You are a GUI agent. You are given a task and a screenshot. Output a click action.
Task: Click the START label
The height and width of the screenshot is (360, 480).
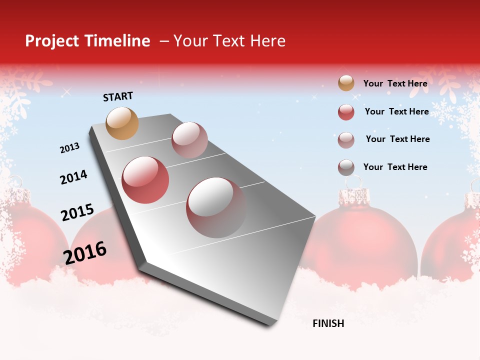(x=118, y=96)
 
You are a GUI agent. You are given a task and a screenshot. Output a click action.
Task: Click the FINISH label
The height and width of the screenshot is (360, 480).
(x=328, y=323)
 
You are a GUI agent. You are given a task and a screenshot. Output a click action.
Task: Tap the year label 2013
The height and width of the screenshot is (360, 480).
(x=69, y=148)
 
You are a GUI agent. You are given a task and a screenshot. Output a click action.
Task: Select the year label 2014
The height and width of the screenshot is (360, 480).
(x=73, y=177)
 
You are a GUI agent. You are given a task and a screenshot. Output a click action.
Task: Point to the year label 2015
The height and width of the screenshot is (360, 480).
(x=77, y=212)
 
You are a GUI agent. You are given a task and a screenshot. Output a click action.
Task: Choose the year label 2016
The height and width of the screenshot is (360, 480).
(x=85, y=252)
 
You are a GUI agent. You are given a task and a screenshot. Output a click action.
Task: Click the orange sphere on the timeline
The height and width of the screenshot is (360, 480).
(x=122, y=123)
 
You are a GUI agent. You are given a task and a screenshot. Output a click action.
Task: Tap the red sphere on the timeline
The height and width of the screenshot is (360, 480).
(x=145, y=180)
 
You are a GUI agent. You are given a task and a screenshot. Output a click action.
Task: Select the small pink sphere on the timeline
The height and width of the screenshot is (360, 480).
(x=189, y=140)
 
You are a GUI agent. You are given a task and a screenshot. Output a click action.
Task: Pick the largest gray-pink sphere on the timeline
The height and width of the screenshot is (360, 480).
(x=216, y=207)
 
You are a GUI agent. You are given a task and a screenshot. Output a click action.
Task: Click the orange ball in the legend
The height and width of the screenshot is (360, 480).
(x=346, y=83)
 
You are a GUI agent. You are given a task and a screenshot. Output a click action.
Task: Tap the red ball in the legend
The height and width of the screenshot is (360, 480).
(x=346, y=112)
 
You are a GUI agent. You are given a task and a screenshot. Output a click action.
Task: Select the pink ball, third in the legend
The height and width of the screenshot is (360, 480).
(x=346, y=140)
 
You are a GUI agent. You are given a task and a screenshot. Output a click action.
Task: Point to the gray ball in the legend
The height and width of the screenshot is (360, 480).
(x=346, y=167)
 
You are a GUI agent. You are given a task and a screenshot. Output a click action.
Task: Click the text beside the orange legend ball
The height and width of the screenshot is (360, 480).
(x=395, y=83)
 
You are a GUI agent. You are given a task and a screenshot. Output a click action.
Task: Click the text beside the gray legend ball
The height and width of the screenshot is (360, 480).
(x=395, y=167)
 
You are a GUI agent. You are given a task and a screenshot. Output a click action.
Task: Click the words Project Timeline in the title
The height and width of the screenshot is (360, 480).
(x=87, y=41)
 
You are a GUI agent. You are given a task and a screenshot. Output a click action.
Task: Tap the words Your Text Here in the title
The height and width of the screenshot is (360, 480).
(x=229, y=41)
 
